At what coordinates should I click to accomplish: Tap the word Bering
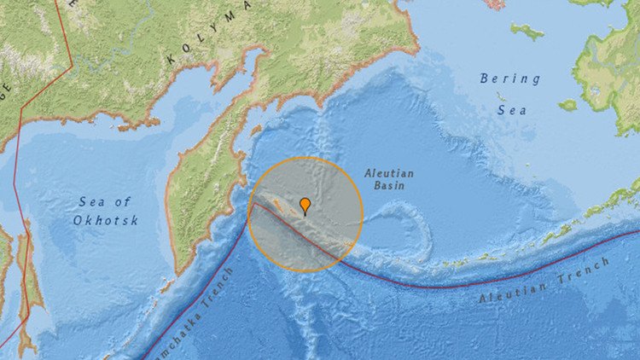click(510, 78)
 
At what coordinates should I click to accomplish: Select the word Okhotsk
click(106, 220)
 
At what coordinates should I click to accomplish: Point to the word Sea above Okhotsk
click(105, 201)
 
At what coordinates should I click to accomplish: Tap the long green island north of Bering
click(527, 32)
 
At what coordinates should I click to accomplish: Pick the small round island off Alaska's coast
click(567, 105)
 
